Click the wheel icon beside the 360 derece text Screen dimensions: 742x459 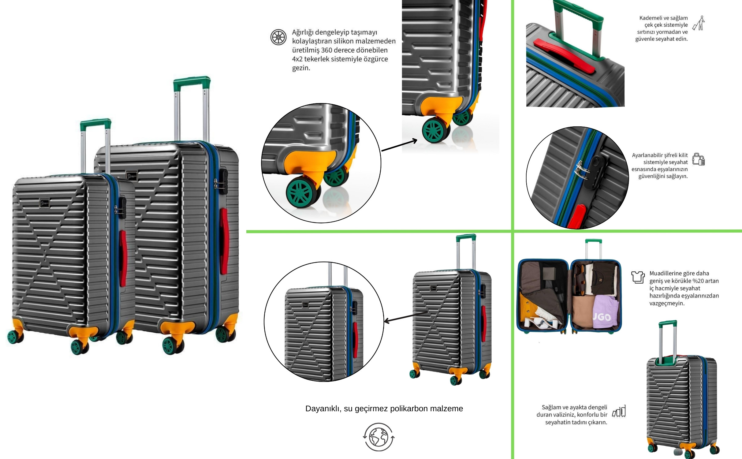278,37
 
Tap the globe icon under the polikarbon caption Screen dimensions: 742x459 379,437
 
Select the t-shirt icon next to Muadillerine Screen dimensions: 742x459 638,277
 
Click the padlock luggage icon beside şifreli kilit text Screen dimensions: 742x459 699,159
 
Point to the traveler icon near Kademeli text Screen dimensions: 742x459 699,23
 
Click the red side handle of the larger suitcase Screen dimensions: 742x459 224,241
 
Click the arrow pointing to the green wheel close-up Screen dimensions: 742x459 399,145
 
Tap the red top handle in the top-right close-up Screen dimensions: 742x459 565,56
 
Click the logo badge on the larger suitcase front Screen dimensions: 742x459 132,176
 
